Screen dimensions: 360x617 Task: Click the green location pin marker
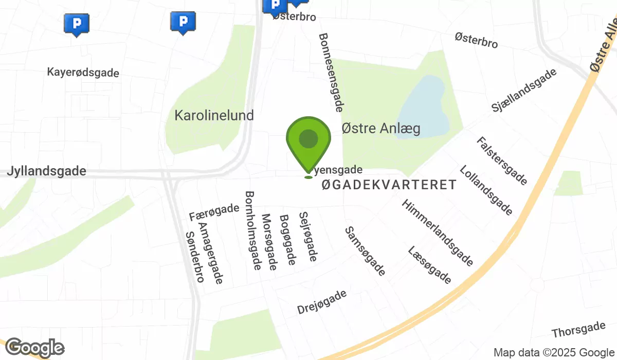pos(308,142)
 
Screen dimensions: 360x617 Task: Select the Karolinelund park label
pos(214,115)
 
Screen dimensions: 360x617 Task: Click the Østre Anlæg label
pos(381,128)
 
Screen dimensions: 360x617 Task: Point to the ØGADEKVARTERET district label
pos(389,185)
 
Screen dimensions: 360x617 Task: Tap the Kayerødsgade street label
pos(83,73)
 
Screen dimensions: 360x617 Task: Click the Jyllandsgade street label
pos(47,171)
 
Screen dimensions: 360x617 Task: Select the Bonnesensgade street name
pos(331,73)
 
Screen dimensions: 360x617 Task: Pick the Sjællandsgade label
pos(524,91)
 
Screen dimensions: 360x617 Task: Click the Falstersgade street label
pos(501,161)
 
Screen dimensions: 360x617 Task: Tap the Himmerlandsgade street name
pos(438,233)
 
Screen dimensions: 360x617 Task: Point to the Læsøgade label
pos(429,265)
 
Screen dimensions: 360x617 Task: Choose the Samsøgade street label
pos(365,251)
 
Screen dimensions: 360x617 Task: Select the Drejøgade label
pos(322,302)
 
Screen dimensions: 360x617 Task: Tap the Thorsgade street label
pos(578,330)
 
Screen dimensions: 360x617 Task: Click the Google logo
pos(34,348)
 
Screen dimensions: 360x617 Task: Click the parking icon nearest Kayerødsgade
pos(77,24)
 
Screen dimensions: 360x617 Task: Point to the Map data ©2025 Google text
pos(554,353)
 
